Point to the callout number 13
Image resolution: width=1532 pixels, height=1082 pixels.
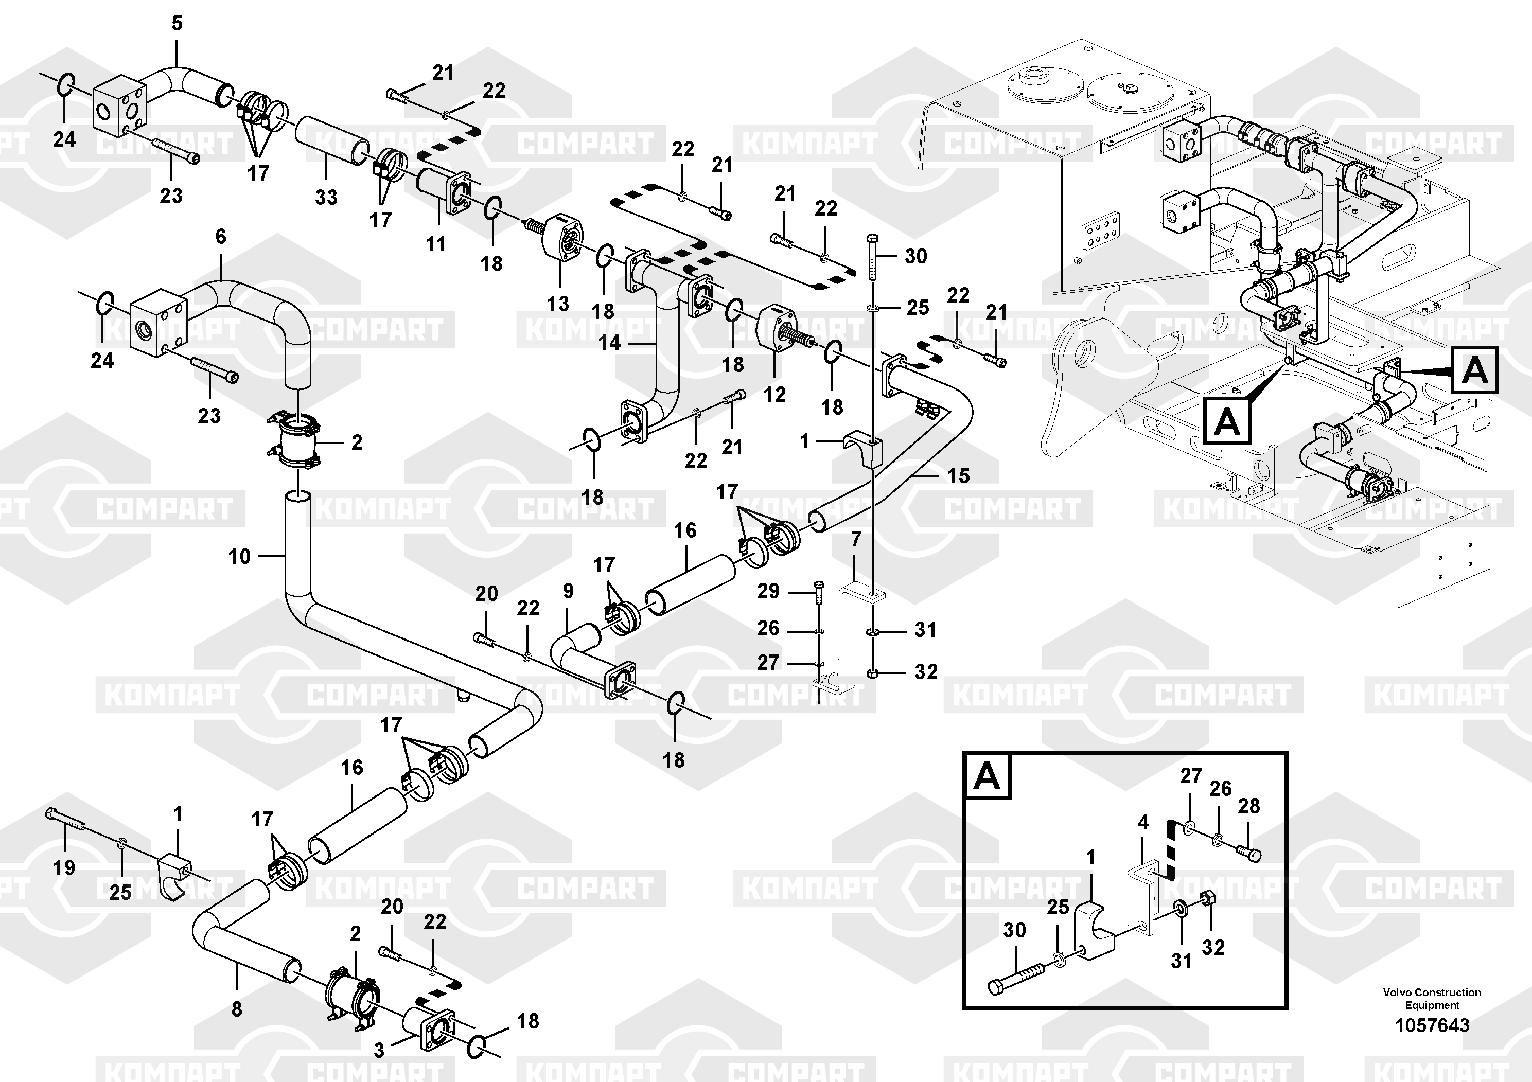pos(558,304)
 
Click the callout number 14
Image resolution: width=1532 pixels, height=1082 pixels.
pos(609,343)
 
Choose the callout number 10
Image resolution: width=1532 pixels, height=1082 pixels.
pos(239,556)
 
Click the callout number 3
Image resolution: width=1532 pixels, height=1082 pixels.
pos(379,1051)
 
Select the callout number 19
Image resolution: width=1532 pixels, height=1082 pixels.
pos(64,867)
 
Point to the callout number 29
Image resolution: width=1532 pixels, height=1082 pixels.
pos(768,591)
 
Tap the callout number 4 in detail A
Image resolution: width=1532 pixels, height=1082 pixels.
pos(1143,823)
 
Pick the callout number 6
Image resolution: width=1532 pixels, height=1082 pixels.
pos(221,236)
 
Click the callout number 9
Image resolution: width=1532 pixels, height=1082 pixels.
pos(568,591)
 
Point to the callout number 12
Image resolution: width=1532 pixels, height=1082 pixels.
pos(774,394)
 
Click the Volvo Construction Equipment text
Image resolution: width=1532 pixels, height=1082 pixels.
pos(1432,999)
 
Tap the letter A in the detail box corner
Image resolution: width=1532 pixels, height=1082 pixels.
pos(987,776)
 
